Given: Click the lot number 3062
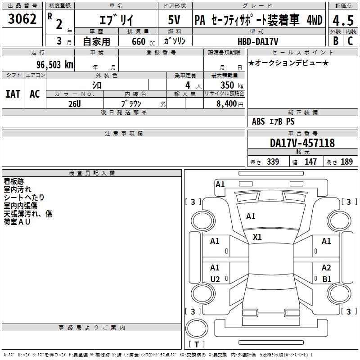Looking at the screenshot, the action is [22, 19].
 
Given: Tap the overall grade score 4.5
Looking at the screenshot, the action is [343, 20].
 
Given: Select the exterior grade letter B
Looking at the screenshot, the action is [336, 41].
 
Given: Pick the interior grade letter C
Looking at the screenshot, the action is [350, 41].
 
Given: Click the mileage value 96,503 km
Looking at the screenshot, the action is [55, 65].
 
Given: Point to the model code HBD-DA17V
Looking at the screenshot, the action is [258, 41].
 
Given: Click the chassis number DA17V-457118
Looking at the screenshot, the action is [302, 143].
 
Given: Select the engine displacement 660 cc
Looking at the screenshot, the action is [143, 41].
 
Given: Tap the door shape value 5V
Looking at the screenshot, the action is [174, 20].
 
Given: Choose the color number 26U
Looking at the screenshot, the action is [75, 104].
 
